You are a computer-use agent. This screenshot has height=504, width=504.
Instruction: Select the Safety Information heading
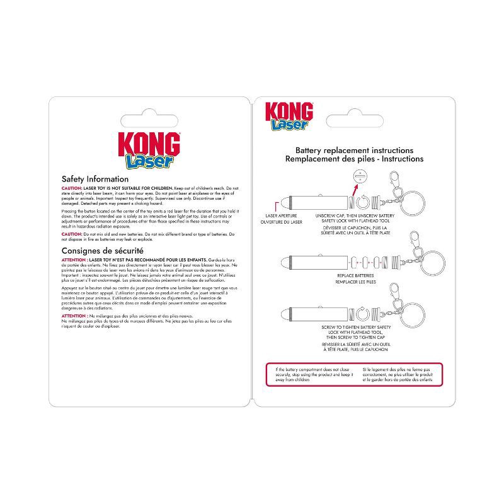click(x=95, y=180)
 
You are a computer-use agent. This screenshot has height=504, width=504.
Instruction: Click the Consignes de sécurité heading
click(x=104, y=251)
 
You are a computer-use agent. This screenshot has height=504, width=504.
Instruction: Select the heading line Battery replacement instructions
click(x=355, y=151)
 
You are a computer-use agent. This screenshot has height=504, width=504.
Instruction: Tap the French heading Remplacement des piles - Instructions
click(x=355, y=159)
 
